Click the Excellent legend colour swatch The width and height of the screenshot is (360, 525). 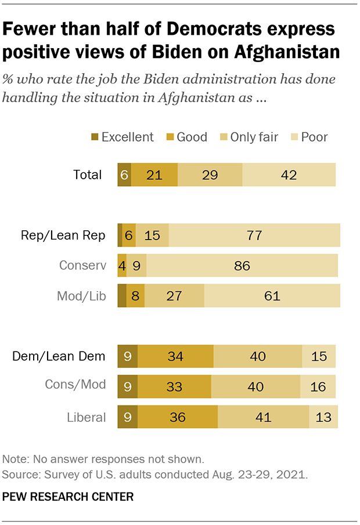click(x=94, y=137)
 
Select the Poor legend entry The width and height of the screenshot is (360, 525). click(x=314, y=137)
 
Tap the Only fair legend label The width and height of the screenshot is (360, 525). click(x=254, y=137)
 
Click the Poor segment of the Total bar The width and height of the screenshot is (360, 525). click(x=289, y=175)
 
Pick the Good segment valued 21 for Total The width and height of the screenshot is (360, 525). click(x=154, y=175)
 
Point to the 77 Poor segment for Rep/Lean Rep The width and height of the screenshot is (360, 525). click(x=254, y=235)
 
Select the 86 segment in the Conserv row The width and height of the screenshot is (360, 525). click(x=242, y=265)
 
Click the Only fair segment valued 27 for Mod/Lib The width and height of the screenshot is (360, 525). click(x=174, y=295)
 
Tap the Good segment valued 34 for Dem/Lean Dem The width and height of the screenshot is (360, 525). click(x=175, y=356)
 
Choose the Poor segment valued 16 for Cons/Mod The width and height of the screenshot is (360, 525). click(x=318, y=386)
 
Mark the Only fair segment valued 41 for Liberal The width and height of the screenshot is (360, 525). click(x=263, y=417)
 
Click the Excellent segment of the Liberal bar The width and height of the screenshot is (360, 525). click(x=127, y=417)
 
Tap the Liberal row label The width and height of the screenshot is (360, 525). click(x=86, y=417)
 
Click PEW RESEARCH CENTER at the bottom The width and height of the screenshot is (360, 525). click(x=69, y=497)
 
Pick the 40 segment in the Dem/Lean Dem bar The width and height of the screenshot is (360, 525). click(x=258, y=356)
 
